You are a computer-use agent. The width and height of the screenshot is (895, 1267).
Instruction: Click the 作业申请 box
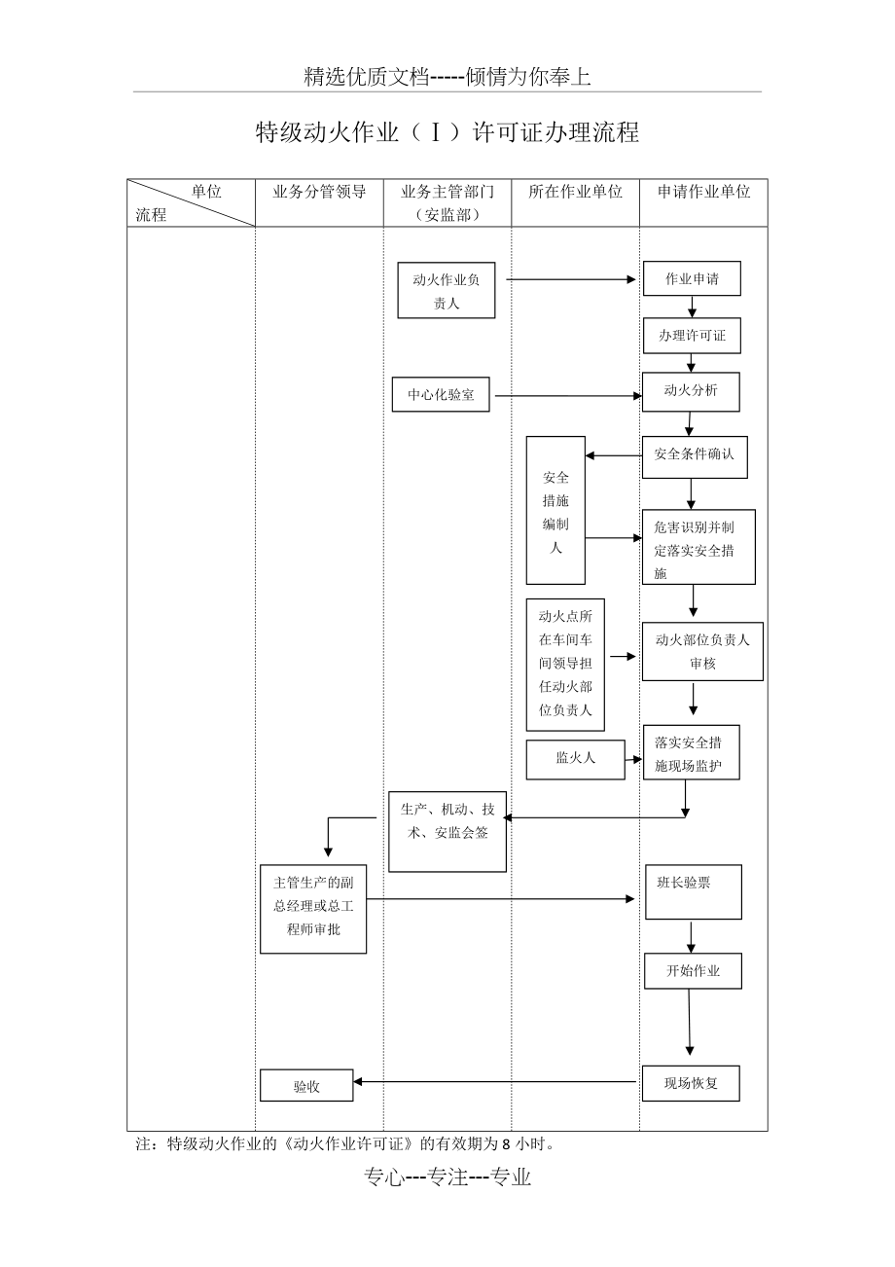coord(692,279)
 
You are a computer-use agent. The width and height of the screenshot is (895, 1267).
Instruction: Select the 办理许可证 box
coord(692,336)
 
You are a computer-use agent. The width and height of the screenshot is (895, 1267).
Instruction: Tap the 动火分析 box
coord(691,391)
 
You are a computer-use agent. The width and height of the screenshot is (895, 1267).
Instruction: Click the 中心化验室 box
coord(441,395)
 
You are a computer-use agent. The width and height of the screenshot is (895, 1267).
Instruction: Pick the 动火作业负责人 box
coord(447,291)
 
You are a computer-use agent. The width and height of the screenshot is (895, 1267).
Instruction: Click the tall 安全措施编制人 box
coord(555,510)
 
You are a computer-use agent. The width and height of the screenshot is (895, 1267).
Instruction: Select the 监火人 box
coord(575,759)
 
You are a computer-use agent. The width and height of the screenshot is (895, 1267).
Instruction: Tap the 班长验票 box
coord(693,891)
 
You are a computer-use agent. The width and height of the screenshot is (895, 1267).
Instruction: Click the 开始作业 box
coord(693,970)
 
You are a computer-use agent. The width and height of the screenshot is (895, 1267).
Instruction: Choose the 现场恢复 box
coord(691,1083)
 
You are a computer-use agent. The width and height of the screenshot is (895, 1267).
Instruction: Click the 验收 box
coord(306,1086)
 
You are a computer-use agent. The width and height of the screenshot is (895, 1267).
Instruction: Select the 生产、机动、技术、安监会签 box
coord(447,831)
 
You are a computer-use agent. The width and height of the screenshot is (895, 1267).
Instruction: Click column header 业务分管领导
coord(319,193)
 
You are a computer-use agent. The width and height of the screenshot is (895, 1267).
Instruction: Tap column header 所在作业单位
coord(575,193)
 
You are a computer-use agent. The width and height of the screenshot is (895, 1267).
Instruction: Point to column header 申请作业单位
coord(703,193)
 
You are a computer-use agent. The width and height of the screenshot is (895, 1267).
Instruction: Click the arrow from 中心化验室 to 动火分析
coord(568,396)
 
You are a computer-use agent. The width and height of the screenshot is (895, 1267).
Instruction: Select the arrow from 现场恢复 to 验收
coord(496,1081)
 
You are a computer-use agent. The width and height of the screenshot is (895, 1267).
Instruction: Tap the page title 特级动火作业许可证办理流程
coord(447,132)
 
